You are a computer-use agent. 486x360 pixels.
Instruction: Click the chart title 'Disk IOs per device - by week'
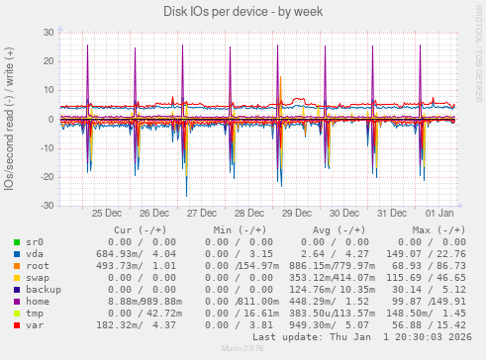(x=243, y=11)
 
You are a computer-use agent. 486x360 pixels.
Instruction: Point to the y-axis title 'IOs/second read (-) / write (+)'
(x=10, y=119)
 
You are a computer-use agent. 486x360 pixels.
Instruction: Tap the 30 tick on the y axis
(x=49, y=33)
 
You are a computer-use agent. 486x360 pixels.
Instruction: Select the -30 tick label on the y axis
(x=47, y=206)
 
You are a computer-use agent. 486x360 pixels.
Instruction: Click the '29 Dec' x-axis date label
(x=297, y=213)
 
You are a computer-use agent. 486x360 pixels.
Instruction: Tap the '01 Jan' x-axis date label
(x=438, y=213)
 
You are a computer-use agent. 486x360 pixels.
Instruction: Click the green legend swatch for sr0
(x=17, y=242)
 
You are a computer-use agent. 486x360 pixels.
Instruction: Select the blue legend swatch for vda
(x=17, y=254)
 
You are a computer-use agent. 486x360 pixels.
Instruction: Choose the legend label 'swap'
(x=39, y=278)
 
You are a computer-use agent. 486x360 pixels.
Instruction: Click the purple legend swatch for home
(x=17, y=302)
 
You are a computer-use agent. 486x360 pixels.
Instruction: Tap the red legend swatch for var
(x=17, y=325)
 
